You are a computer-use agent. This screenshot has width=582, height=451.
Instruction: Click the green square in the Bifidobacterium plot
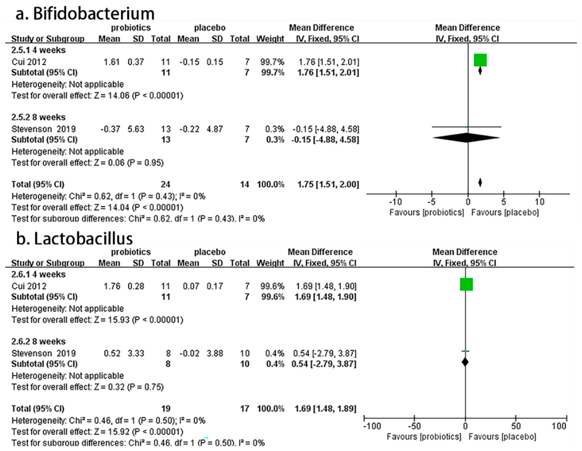[480, 60]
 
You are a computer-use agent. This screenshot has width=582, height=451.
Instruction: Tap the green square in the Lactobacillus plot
[466, 284]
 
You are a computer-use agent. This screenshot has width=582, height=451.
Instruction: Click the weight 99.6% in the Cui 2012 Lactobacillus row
[272, 286]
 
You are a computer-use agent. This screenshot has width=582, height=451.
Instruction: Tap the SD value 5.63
[136, 129]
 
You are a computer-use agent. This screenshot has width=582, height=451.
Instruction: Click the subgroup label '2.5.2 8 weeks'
[38, 117]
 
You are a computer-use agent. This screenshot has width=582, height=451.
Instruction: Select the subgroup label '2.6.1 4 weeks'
[38, 274]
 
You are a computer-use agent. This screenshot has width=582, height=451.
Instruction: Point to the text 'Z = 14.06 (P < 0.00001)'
[138, 95]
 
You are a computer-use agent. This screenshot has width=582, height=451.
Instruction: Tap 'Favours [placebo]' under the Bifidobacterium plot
[505, 212]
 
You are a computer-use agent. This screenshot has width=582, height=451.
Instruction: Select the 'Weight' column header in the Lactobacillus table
[270, 263]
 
